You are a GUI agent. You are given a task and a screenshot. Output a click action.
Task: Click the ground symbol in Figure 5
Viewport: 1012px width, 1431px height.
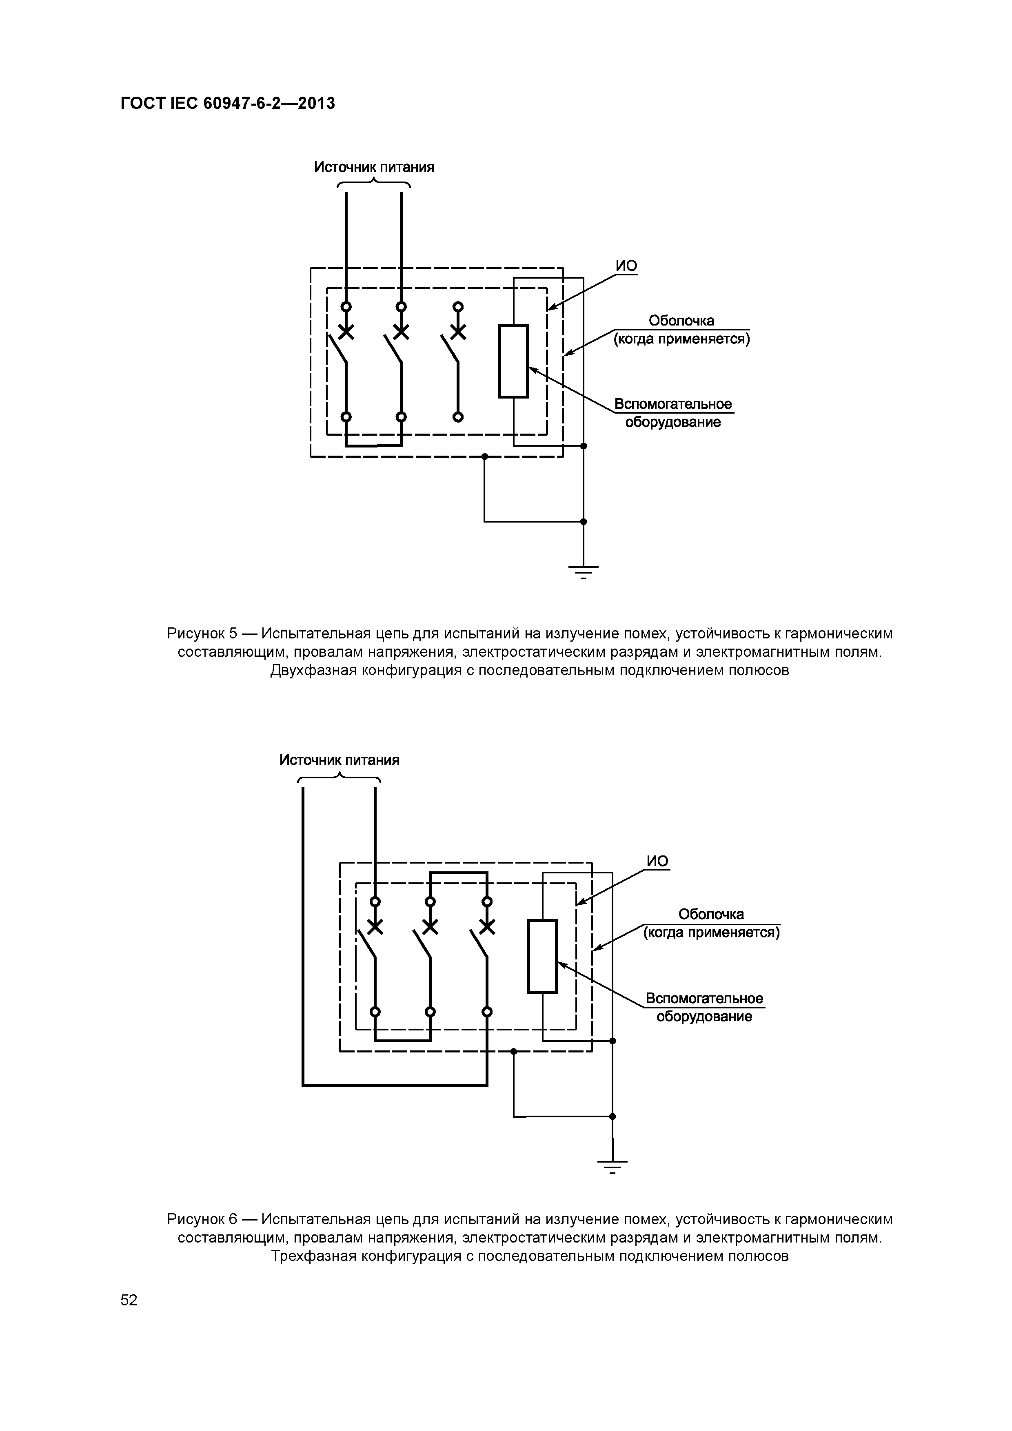click(584, 570)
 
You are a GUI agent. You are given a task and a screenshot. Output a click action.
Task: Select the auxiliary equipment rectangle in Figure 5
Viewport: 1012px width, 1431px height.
click(513, 361)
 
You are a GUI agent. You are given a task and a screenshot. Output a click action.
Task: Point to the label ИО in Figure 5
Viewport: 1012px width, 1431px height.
click(627, 266)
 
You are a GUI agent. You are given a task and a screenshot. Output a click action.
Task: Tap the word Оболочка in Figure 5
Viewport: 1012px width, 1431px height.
click(681, 320)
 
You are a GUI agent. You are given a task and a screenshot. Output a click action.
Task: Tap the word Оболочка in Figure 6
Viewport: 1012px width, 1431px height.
click(711, 914)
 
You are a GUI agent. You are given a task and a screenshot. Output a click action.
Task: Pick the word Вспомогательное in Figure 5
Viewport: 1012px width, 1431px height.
click(673, 404)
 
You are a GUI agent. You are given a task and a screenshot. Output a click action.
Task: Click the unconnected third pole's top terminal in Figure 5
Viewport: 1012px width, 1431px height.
click(458, 307)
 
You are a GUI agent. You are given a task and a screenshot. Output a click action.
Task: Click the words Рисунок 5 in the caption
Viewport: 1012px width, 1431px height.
click(202, 634)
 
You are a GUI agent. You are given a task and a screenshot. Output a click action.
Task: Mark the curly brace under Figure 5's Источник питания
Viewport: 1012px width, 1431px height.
click(373, 183)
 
